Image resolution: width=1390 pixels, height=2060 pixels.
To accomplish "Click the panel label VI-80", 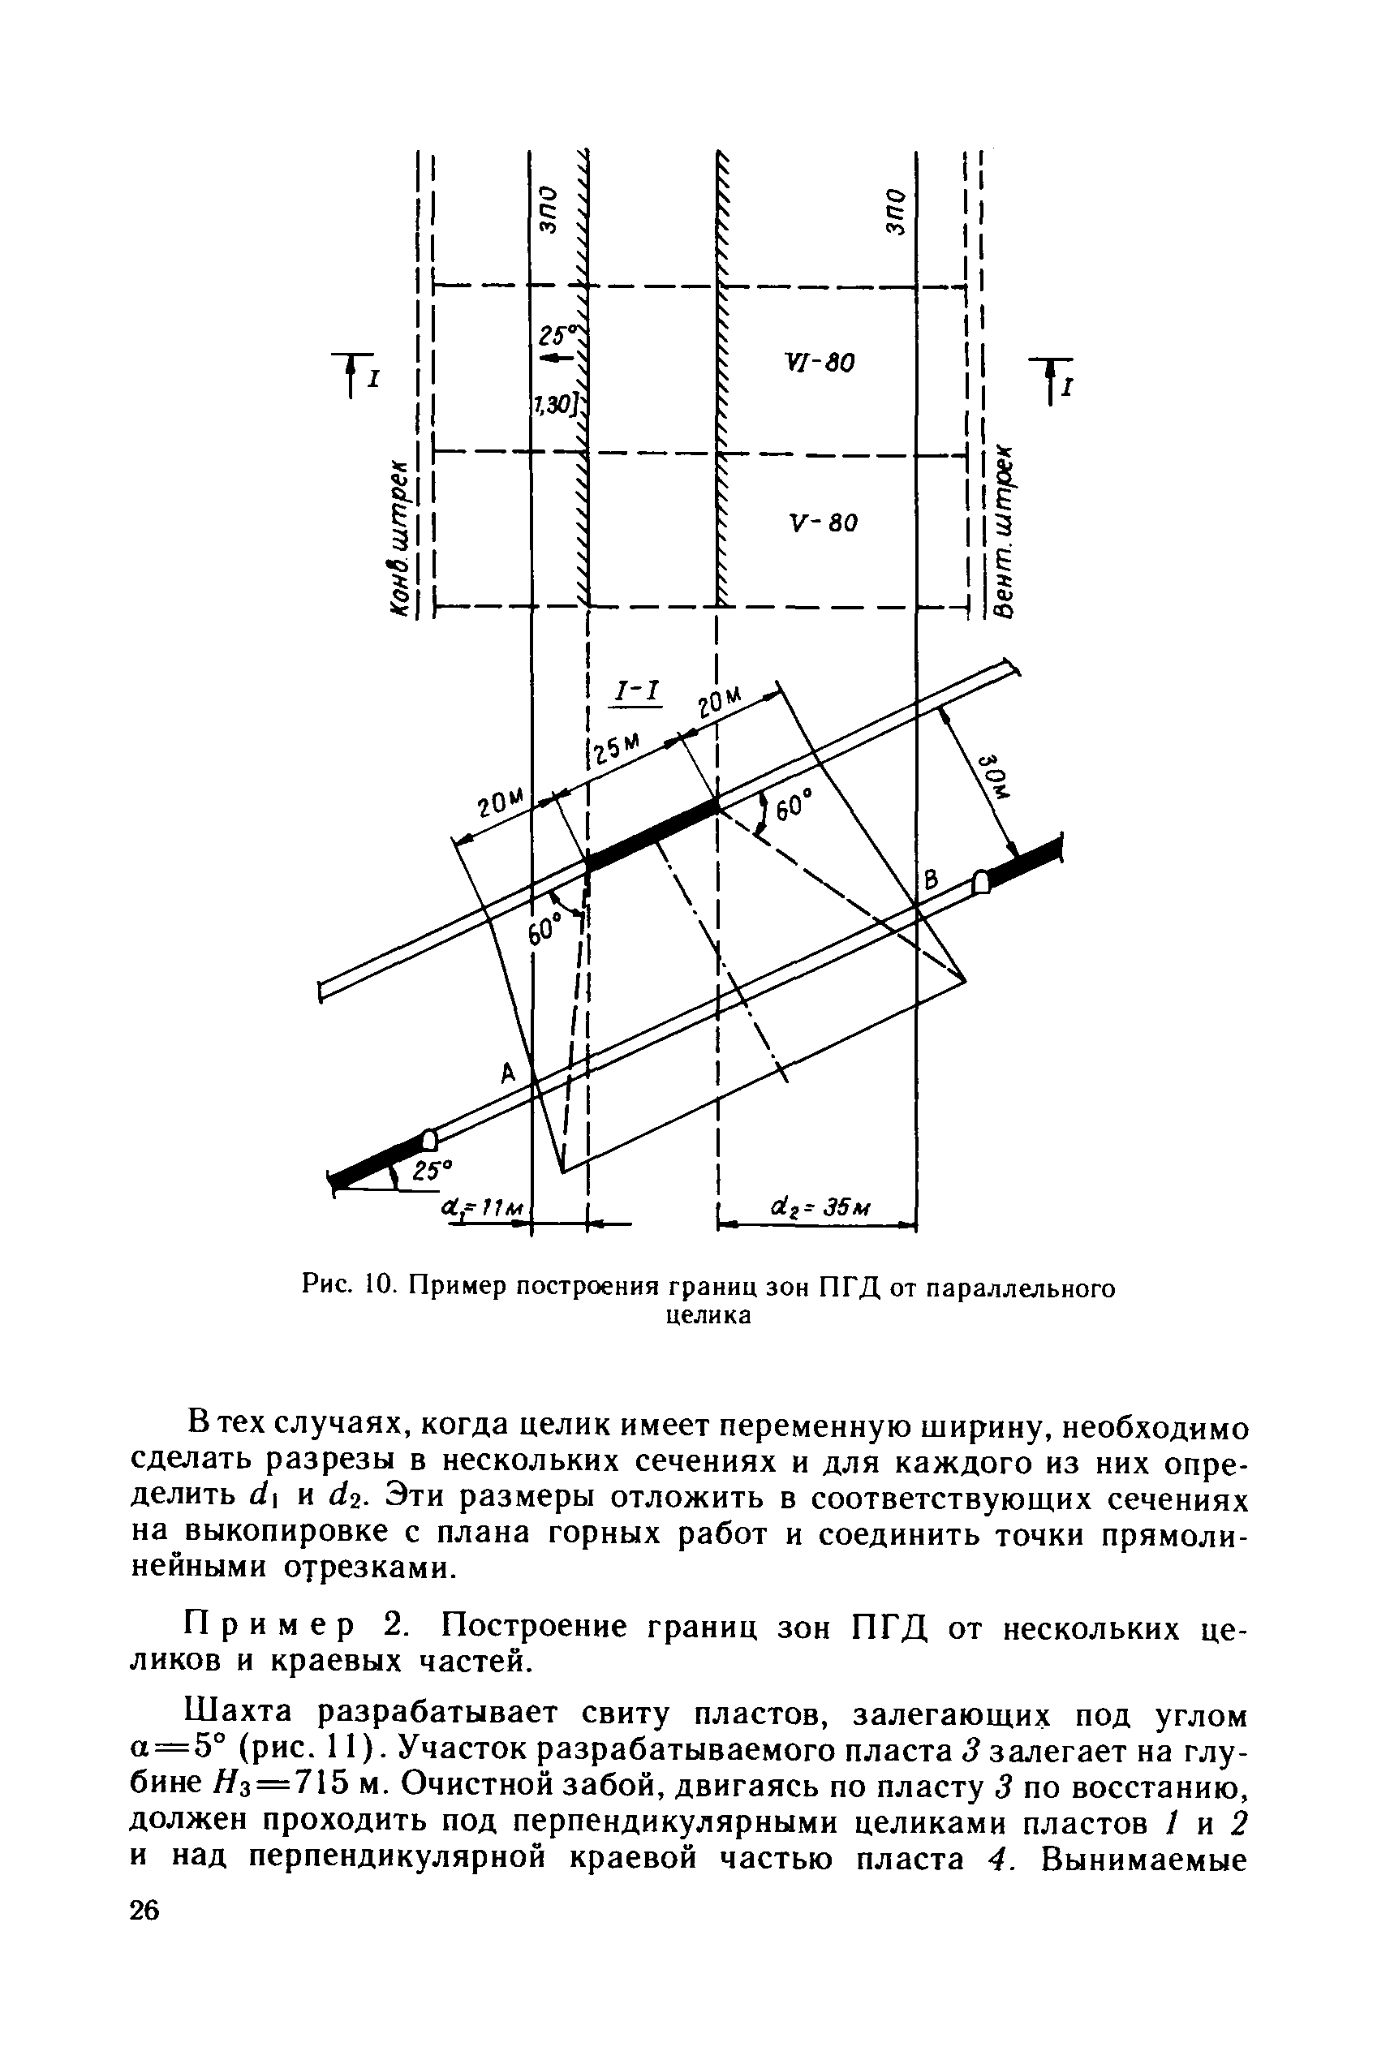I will tap(820, 363).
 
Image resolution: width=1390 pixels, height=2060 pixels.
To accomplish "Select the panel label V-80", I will tap(823, 523).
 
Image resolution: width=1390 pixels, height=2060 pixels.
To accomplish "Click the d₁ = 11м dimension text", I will tap(484, 1209).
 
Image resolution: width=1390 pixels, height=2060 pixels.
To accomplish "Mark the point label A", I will tap(508, 1073).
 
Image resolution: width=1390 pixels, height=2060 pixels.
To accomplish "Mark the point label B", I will tap(931, 881).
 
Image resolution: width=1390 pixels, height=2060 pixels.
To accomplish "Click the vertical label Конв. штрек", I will tap(402, 540).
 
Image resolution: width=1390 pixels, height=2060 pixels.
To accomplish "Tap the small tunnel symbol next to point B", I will tap(979, 881).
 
